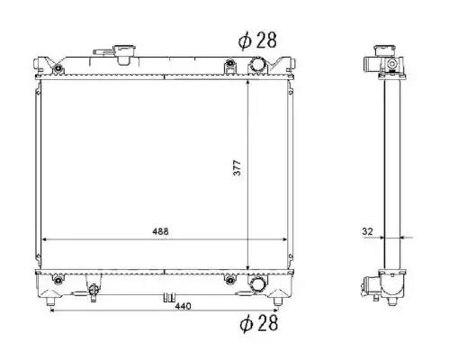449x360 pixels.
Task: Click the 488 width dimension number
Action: point(160,231)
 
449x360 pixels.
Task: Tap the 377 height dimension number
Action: point(237,168)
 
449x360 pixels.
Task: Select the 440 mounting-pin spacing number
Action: point(183,306)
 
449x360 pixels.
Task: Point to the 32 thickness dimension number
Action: point(367,231)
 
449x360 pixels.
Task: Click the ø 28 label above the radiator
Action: point(257,40)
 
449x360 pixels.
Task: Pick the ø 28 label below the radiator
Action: point(259,323)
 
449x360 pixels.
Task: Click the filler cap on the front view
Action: point(124,54)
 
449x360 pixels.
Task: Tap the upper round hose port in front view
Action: point(257,65)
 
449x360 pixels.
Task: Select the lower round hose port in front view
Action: point(257,284)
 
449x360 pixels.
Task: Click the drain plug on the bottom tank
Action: point(94,292)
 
